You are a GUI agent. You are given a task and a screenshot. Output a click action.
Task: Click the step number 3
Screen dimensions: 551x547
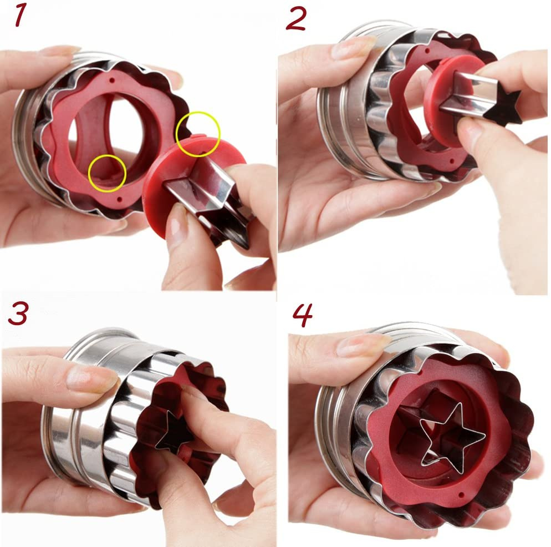coord(18,314)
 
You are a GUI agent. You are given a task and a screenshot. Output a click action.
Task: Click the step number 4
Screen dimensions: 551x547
coord(302,315)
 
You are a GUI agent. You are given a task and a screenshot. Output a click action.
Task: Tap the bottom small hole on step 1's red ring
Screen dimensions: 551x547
coord(120,200)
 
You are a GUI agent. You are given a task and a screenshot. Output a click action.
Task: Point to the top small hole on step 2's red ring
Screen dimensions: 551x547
coord(427,51)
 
